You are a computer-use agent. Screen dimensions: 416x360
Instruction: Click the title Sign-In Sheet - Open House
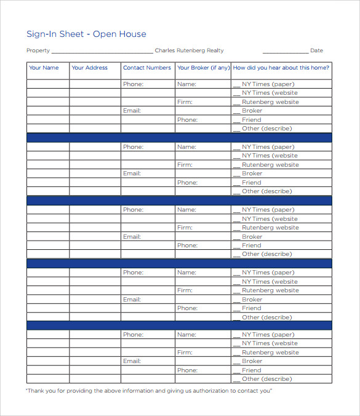pyautogui.click(x=86, y=34)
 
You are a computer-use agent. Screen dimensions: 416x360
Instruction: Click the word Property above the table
pyautogui.click(x=38, y=50)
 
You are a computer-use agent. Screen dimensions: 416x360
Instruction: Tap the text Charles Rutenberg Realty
pyautogui.click(x=189, y=50)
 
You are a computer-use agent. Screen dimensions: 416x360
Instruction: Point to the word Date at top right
pyautogui.click(x=316, y=50)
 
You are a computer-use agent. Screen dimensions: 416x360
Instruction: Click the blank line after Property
pyautogui.click(x=102, y=52)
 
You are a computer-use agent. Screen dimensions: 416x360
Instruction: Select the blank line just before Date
pyautogui.click(x=285, y=52)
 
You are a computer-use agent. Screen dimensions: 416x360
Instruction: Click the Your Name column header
pyautogui.click(x=44, y=68)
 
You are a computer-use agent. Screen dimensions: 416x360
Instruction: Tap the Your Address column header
pyautogui.click(x=90, y=68)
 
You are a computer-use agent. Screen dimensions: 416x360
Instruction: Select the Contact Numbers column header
pyautogui.click(x=147, y=68)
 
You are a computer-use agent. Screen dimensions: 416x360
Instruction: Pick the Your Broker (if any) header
pyautogui.click(x=203, y=68)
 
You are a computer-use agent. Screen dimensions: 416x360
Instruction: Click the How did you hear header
pyautogui.click(x=281, y=68)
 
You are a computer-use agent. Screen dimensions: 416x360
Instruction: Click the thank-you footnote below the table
pyautogui.click(x=148, y=390)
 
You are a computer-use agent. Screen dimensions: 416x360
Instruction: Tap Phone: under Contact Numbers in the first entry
pyautogui.click(x=133, y=84)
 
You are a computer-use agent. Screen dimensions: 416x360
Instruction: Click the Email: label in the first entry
pyautogui.click(x=132, y=111)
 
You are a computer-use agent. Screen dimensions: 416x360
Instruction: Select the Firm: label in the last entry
pyautogui.click(x=185, y=353)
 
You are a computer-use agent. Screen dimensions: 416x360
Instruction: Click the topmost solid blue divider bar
pyautogui.click(x=179, y=138)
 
